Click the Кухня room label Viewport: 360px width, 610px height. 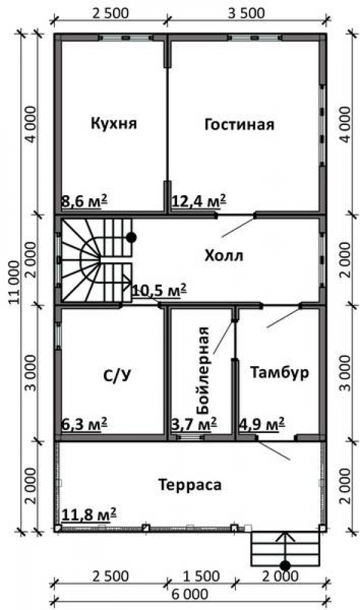click(x=114, y=124)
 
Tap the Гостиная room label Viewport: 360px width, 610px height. click(x=239, y=124)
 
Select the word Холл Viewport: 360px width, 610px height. click(x=224, y=256)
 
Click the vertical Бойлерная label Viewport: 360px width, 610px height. click(x=203, y=370)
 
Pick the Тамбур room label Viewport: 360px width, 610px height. click(x=279, y=372)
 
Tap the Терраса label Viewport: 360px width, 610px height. click(x=190, y=485)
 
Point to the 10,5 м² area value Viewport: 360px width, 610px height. click(x=159, y=290)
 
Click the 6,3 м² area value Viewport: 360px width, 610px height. click(x=84, y=424)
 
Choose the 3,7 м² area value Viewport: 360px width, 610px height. click(x=194, y=424)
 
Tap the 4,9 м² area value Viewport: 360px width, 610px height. click(x=262, y=423)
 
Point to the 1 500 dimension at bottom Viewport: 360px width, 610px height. click(x=201, y=576)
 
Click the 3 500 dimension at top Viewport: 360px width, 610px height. click(x=246, y=13)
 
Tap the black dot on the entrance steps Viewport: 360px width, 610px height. click(x=286, y=565)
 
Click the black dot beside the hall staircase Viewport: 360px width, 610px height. click(x=132, y=237)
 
